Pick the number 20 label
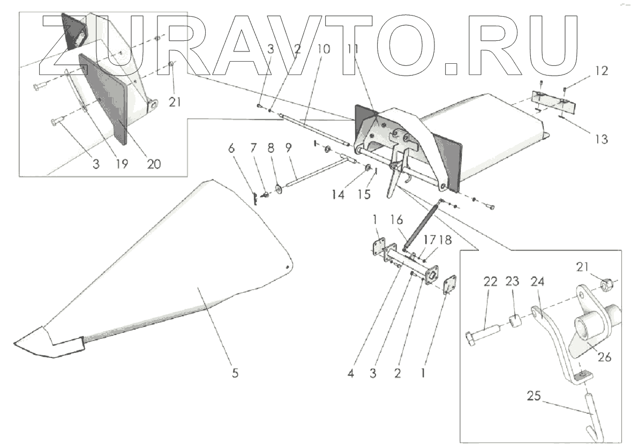pyautogui.click(x=153, y=164)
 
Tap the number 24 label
pyautogui.click(x=537, y=281)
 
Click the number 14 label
pyautogui.click(x=337, y=194)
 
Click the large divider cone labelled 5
pyautogui.click(x=177, y=268)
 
